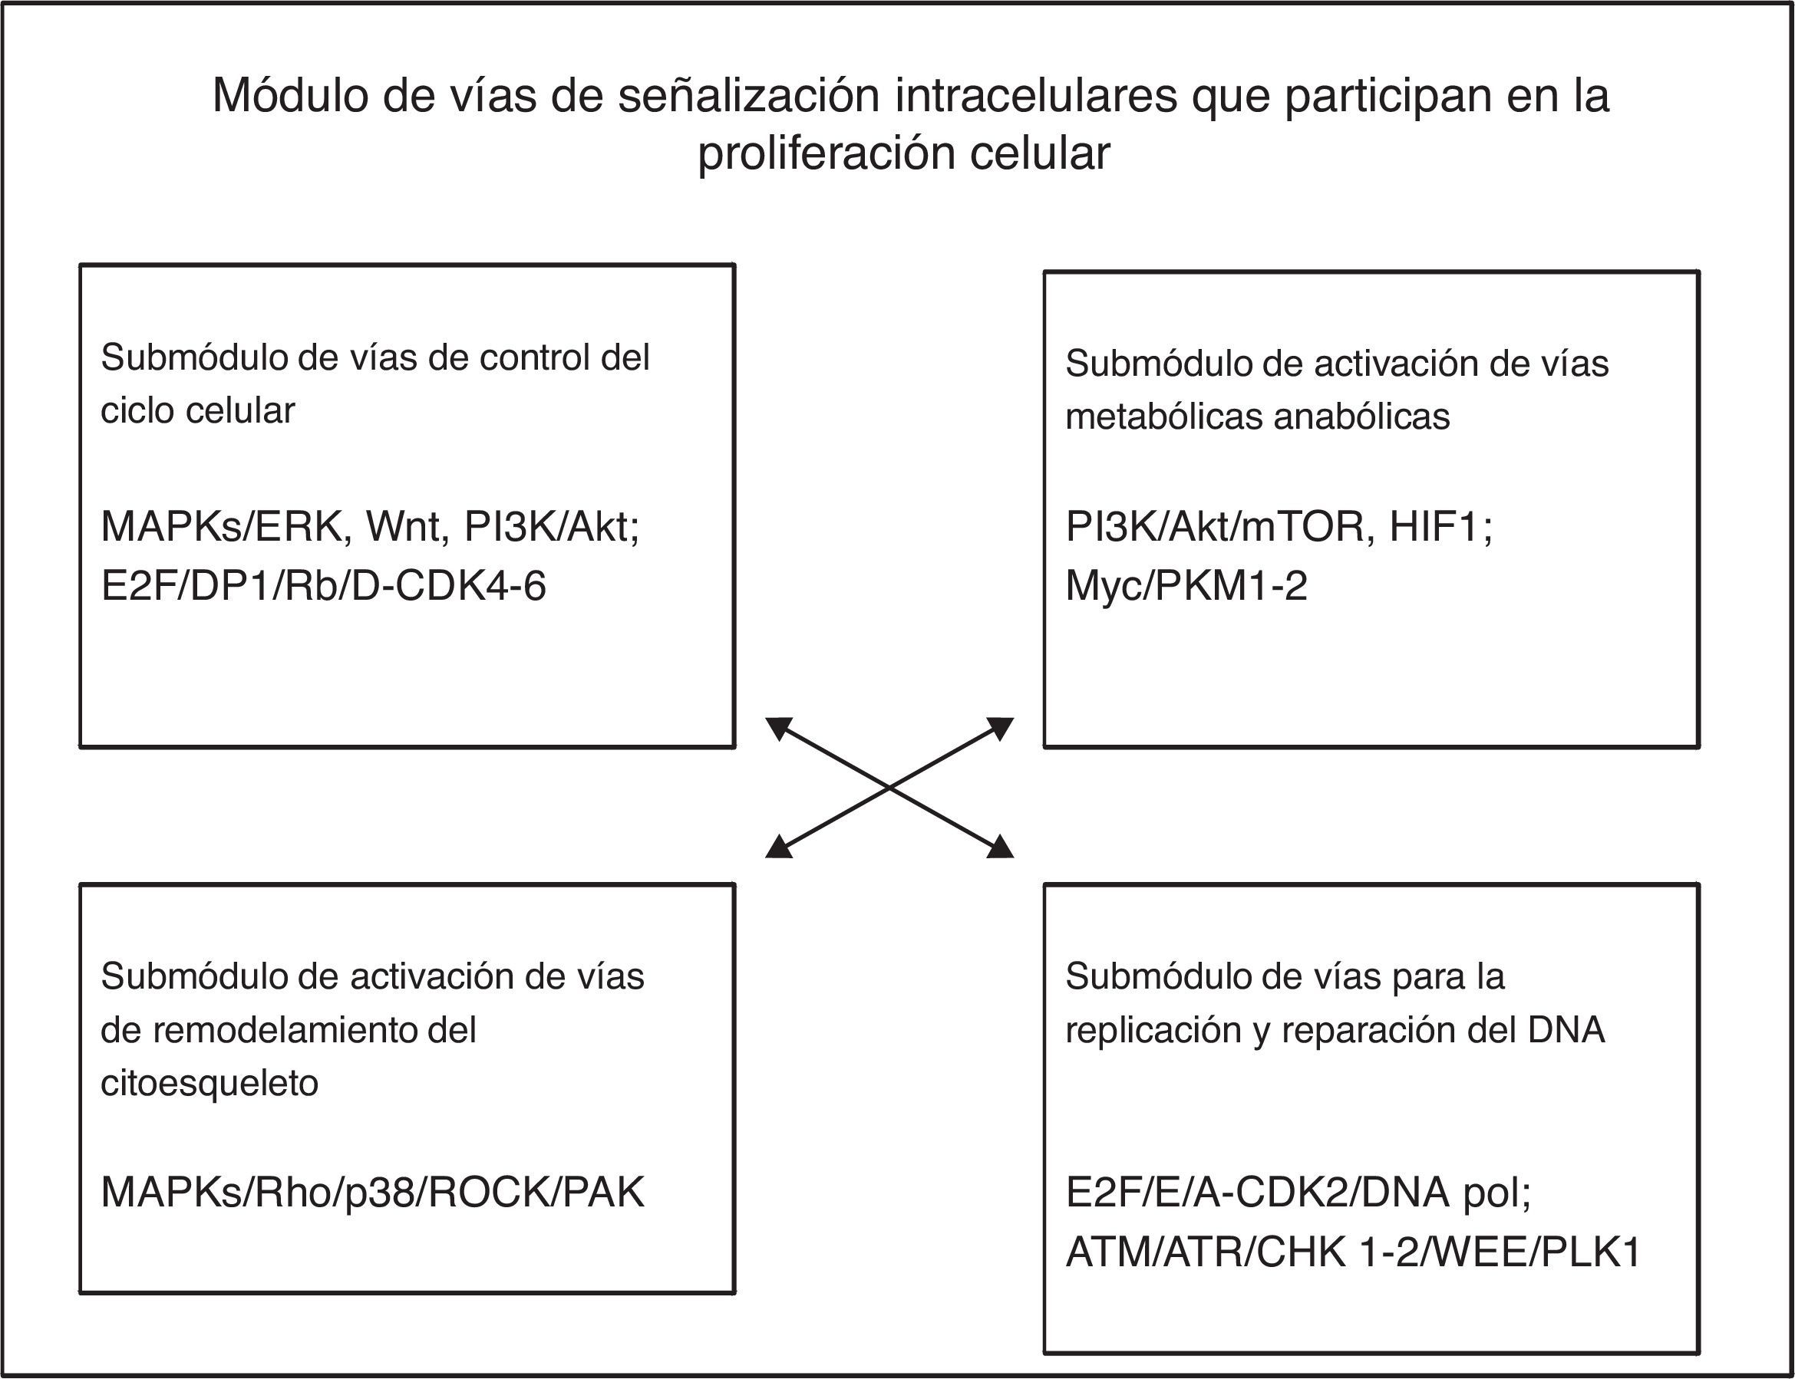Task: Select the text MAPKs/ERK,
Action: (x=226, y=527)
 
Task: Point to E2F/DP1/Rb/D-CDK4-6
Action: (x=324, y=587)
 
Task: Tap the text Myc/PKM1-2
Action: (x=1186, y=587)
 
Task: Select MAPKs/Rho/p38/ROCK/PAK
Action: (x=373, y=1193)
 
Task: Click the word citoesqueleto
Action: (x=210, y=1084)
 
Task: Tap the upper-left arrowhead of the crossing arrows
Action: (x=777, y=726)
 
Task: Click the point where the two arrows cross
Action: (x=889, y=787)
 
